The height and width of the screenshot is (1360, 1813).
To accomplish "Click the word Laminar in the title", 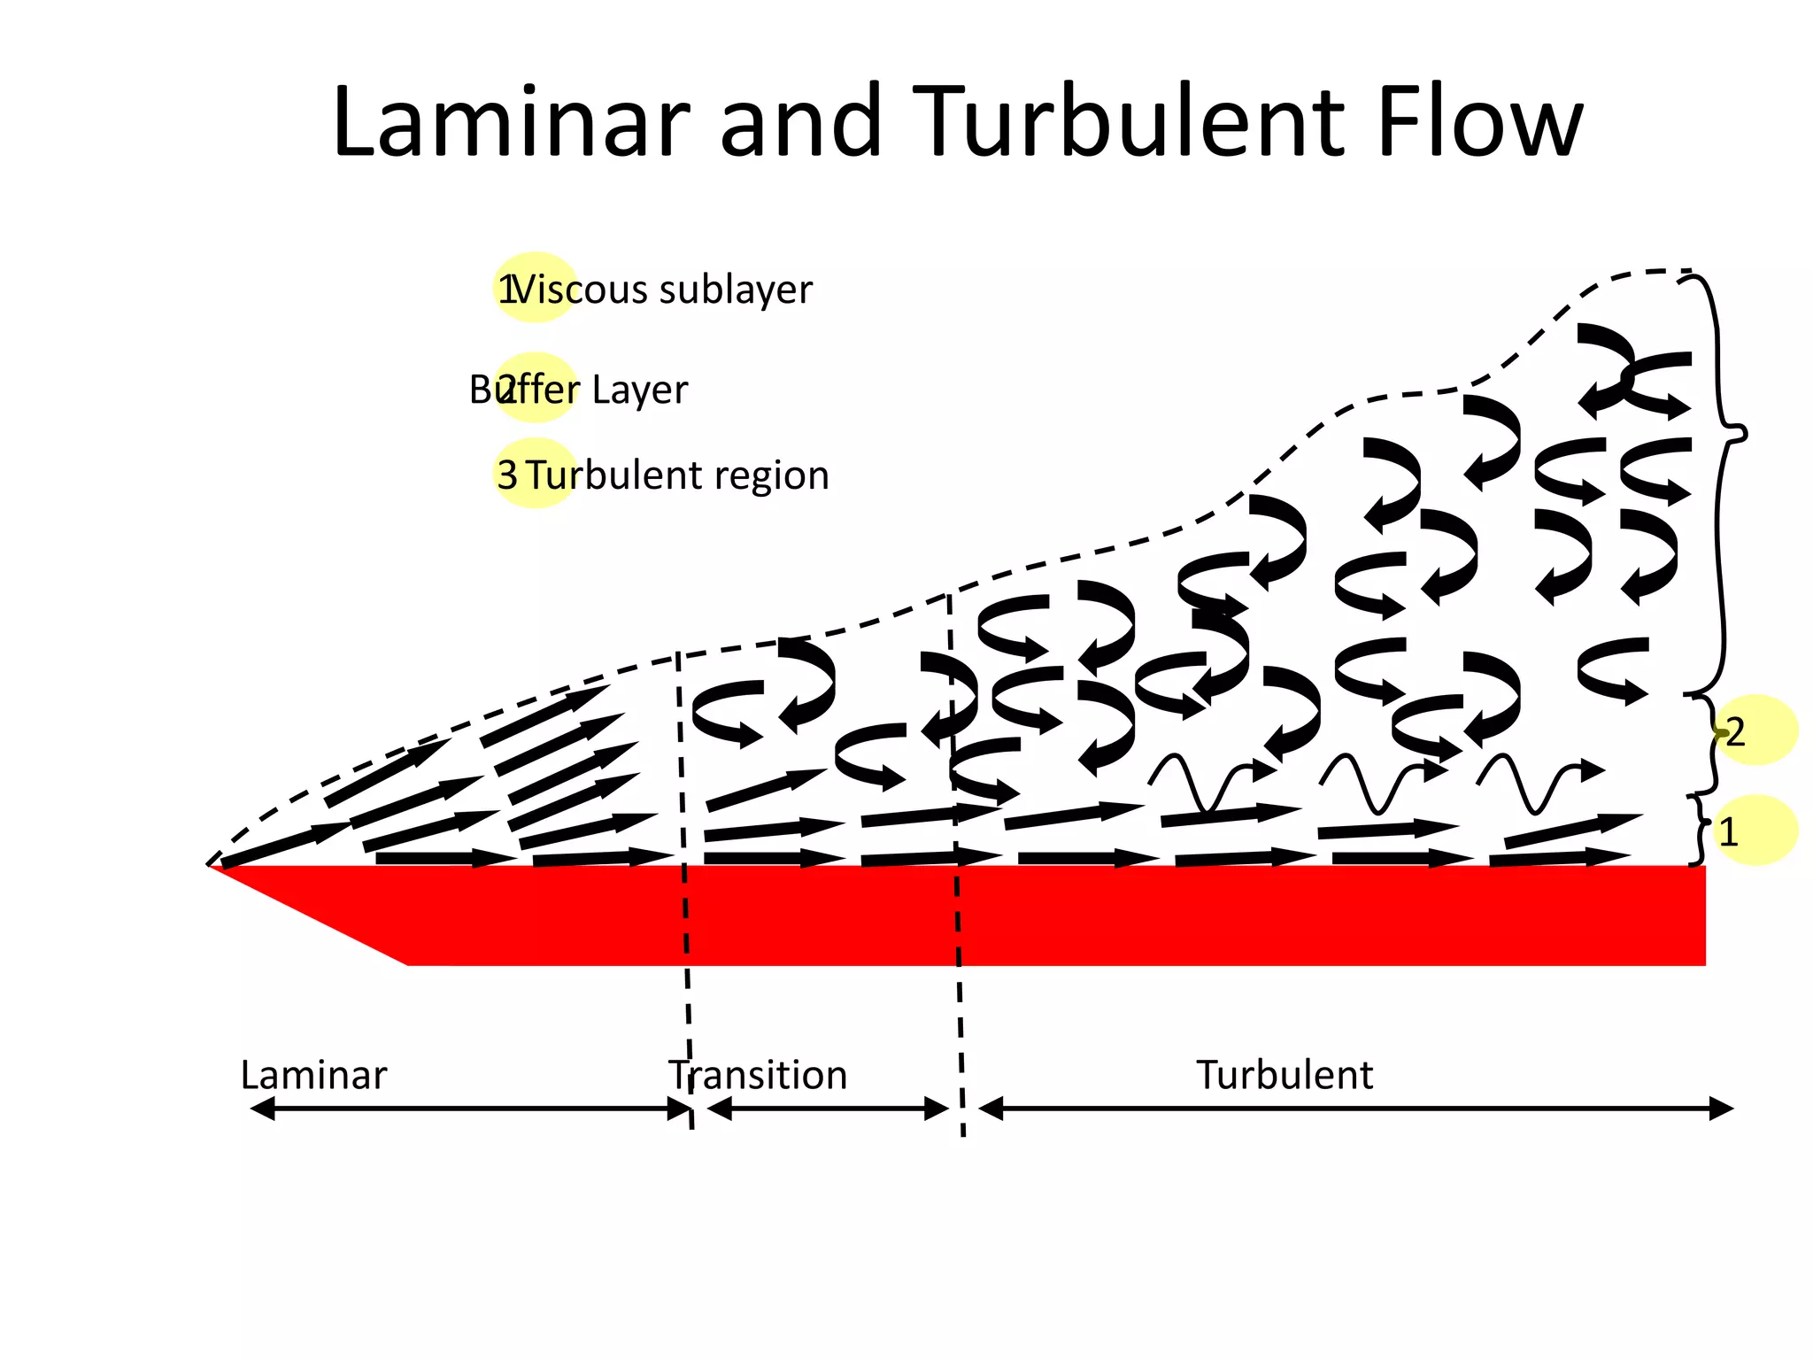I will tap(511, 121).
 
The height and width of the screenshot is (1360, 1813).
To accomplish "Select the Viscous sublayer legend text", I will tap(662, 290).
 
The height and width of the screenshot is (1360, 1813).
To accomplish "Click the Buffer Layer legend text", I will tap(578, 390).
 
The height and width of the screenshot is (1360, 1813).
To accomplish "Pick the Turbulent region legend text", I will tap(678, 475).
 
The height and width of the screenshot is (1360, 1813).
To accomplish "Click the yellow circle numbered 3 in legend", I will tap(534, 474).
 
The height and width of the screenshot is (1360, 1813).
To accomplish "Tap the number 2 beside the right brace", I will tap(1735, 732).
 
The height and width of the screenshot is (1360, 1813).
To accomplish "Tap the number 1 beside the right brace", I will tap(1728, 832).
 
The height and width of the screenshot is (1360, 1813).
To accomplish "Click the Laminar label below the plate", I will tap(313, 1075).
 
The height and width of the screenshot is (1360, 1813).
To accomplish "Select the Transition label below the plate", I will tap(758, 1075).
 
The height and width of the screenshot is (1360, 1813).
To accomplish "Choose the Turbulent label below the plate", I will tap(1285, 1075).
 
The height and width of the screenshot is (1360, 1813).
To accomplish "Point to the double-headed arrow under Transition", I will tap(828, 1109).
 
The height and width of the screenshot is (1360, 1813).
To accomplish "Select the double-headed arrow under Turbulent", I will tap(1355, 1109).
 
